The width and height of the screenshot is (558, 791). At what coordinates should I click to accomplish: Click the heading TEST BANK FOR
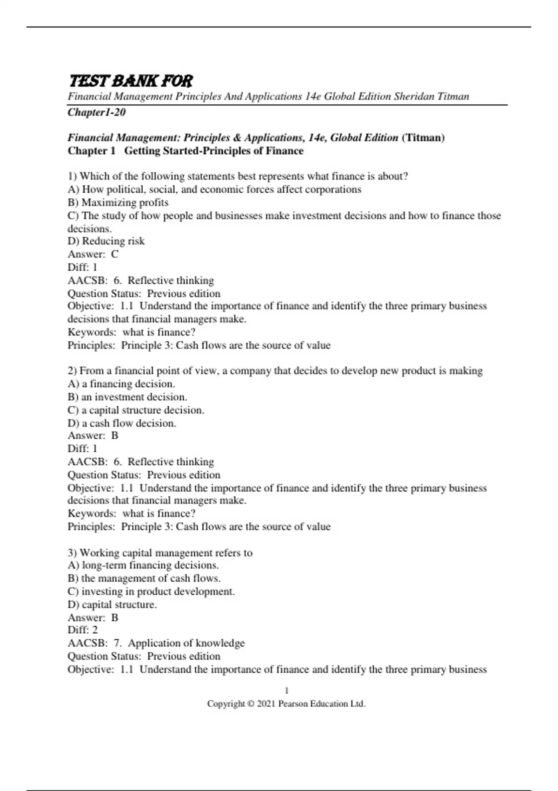130,81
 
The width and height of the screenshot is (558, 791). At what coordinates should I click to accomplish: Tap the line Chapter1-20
97,112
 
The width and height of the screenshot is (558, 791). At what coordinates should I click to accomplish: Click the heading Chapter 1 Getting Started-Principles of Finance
186,151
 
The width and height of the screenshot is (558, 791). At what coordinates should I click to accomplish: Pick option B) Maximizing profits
118,202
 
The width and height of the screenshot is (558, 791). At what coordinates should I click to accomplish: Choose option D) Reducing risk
106,241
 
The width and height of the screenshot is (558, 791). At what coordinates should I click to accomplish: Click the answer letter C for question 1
115,254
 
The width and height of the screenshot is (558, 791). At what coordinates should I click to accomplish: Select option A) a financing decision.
121,384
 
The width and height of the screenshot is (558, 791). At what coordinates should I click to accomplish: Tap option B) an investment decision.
127,397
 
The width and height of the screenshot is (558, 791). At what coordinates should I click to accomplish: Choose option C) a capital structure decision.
136,410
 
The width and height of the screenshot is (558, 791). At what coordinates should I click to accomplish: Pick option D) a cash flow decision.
122,423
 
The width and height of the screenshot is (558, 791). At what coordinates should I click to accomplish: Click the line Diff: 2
83,630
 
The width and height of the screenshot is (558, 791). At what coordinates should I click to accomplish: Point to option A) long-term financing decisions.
143,565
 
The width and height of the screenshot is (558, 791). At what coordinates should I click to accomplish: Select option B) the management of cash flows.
144,578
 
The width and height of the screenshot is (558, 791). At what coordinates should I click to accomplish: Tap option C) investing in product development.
151,591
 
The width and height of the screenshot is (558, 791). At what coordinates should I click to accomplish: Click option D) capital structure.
112,604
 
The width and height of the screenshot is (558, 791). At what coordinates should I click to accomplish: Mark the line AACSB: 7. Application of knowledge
156,643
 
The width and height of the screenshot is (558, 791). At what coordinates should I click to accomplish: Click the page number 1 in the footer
286,690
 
